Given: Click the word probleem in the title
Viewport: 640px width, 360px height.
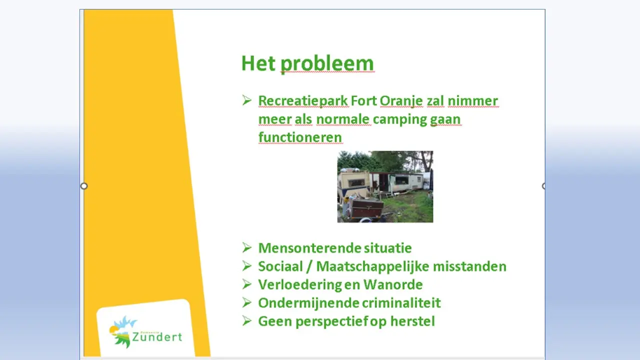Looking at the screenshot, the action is (327, 64).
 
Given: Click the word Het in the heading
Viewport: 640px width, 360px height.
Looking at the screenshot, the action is (258, 63).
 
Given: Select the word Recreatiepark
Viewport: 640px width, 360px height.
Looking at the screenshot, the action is (303, 101).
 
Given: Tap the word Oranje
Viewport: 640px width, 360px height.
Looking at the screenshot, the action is (401, 101).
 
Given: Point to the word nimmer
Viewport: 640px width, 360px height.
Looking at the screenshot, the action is (473, 101).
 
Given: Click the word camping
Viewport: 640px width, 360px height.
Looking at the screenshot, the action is (399, 119).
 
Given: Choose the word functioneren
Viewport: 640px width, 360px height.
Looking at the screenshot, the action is (300, 137).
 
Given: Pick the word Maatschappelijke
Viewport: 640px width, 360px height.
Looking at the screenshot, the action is (372, 266).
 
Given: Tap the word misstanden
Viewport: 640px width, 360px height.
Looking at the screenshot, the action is (469, 266).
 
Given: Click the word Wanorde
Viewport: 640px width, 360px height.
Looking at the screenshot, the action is (393, 284).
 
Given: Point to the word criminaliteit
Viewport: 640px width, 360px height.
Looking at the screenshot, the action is (401, 303).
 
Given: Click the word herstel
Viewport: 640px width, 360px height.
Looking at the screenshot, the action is (412, 321).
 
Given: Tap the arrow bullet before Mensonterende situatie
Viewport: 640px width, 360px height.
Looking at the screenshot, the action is (247, 247).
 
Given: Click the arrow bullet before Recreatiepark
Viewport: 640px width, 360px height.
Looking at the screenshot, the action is (247, 100).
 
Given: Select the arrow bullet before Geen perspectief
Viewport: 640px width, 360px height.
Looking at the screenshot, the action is (247, 321).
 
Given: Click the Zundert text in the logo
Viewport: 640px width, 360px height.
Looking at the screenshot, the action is (157, 337).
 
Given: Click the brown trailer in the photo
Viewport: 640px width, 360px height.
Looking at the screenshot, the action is (366, 208).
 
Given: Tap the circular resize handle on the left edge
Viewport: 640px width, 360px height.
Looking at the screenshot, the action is (83, 186).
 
